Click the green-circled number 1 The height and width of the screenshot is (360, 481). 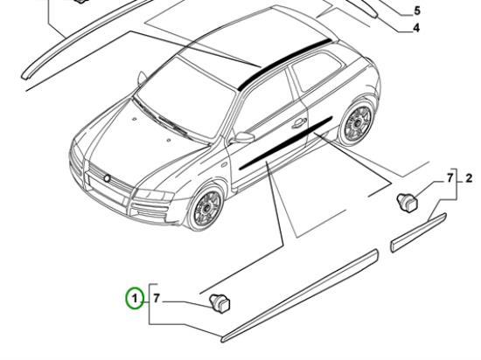point(134,298)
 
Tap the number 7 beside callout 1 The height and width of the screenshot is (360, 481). point(157,298)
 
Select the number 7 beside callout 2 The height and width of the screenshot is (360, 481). point(450,178)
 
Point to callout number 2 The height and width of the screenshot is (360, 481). point(469,178)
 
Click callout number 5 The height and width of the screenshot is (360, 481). point(417,10)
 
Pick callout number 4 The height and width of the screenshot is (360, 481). point(416,28)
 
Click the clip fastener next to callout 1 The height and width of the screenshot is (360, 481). point(220,303)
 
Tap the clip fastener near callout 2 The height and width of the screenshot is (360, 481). point(408,203)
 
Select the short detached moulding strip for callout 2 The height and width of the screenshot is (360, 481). point(419,232)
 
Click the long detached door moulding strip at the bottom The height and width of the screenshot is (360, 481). point(300,295)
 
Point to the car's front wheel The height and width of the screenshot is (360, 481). point(206,207)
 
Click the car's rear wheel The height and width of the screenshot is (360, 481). point(357,122)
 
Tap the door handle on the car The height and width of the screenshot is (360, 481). point(299,123)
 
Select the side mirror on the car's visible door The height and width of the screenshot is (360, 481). point(243,137)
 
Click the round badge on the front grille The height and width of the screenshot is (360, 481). point(108,178)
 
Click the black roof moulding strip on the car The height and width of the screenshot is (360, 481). point(283,64)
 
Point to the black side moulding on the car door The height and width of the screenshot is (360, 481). point(285,143)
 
